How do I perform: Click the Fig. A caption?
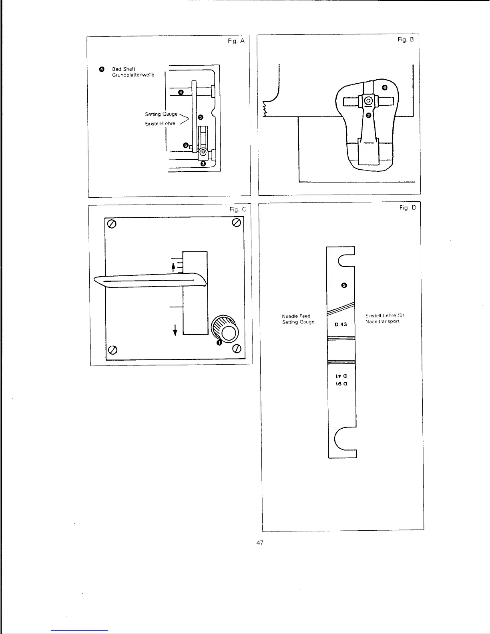[236, 41]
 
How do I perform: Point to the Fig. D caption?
[408, 208]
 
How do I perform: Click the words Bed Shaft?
[124, 69]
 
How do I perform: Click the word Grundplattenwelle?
[133, 75]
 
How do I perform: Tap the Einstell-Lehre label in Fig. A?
[160, 124]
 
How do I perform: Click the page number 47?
[260, 543]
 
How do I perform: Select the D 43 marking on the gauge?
[341, 324]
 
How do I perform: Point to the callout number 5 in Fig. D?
[343, 285]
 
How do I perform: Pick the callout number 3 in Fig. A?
[203, 164]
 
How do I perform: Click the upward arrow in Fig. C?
[173, 267]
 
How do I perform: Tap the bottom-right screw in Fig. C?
[237, 349]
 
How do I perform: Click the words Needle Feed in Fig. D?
[296, 316]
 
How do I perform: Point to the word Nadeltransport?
[382, 321]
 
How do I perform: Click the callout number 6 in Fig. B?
[385, 87]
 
